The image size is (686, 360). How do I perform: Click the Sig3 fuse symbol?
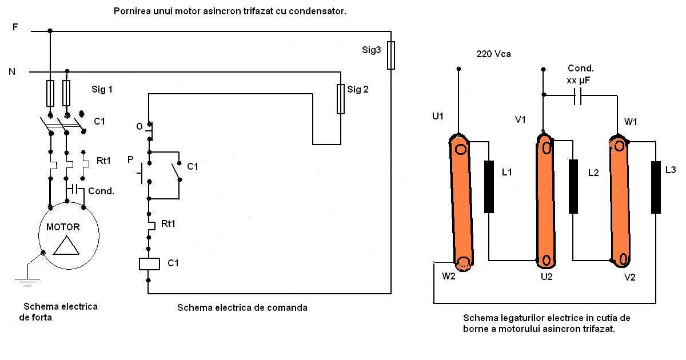(x=391, y=55)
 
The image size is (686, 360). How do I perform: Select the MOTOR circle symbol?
(x=69, y=235)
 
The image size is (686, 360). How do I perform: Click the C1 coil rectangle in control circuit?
(x=149, y=263)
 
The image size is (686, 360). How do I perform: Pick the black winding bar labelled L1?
(x=489, y=187)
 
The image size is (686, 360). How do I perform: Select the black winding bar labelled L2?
(x=573, y=187)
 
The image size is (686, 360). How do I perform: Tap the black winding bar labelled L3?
(x=656, y=187)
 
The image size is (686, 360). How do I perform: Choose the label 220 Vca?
(x=493, y=54)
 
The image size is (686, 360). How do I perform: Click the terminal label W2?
(x=449, y=277)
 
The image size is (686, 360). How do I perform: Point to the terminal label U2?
(x=547, y=277)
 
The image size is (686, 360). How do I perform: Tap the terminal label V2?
(x=629, y=277)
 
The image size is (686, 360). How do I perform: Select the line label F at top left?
(x=15, y=27)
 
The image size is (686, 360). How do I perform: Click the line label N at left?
(x=12, y=72)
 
